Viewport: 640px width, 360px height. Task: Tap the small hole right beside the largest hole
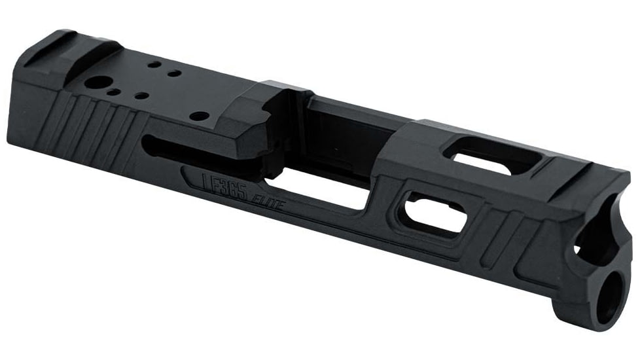point(115,92)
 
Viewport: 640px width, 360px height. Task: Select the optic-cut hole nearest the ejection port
point(202,116)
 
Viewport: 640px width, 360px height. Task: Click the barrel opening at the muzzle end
point(596,232)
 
